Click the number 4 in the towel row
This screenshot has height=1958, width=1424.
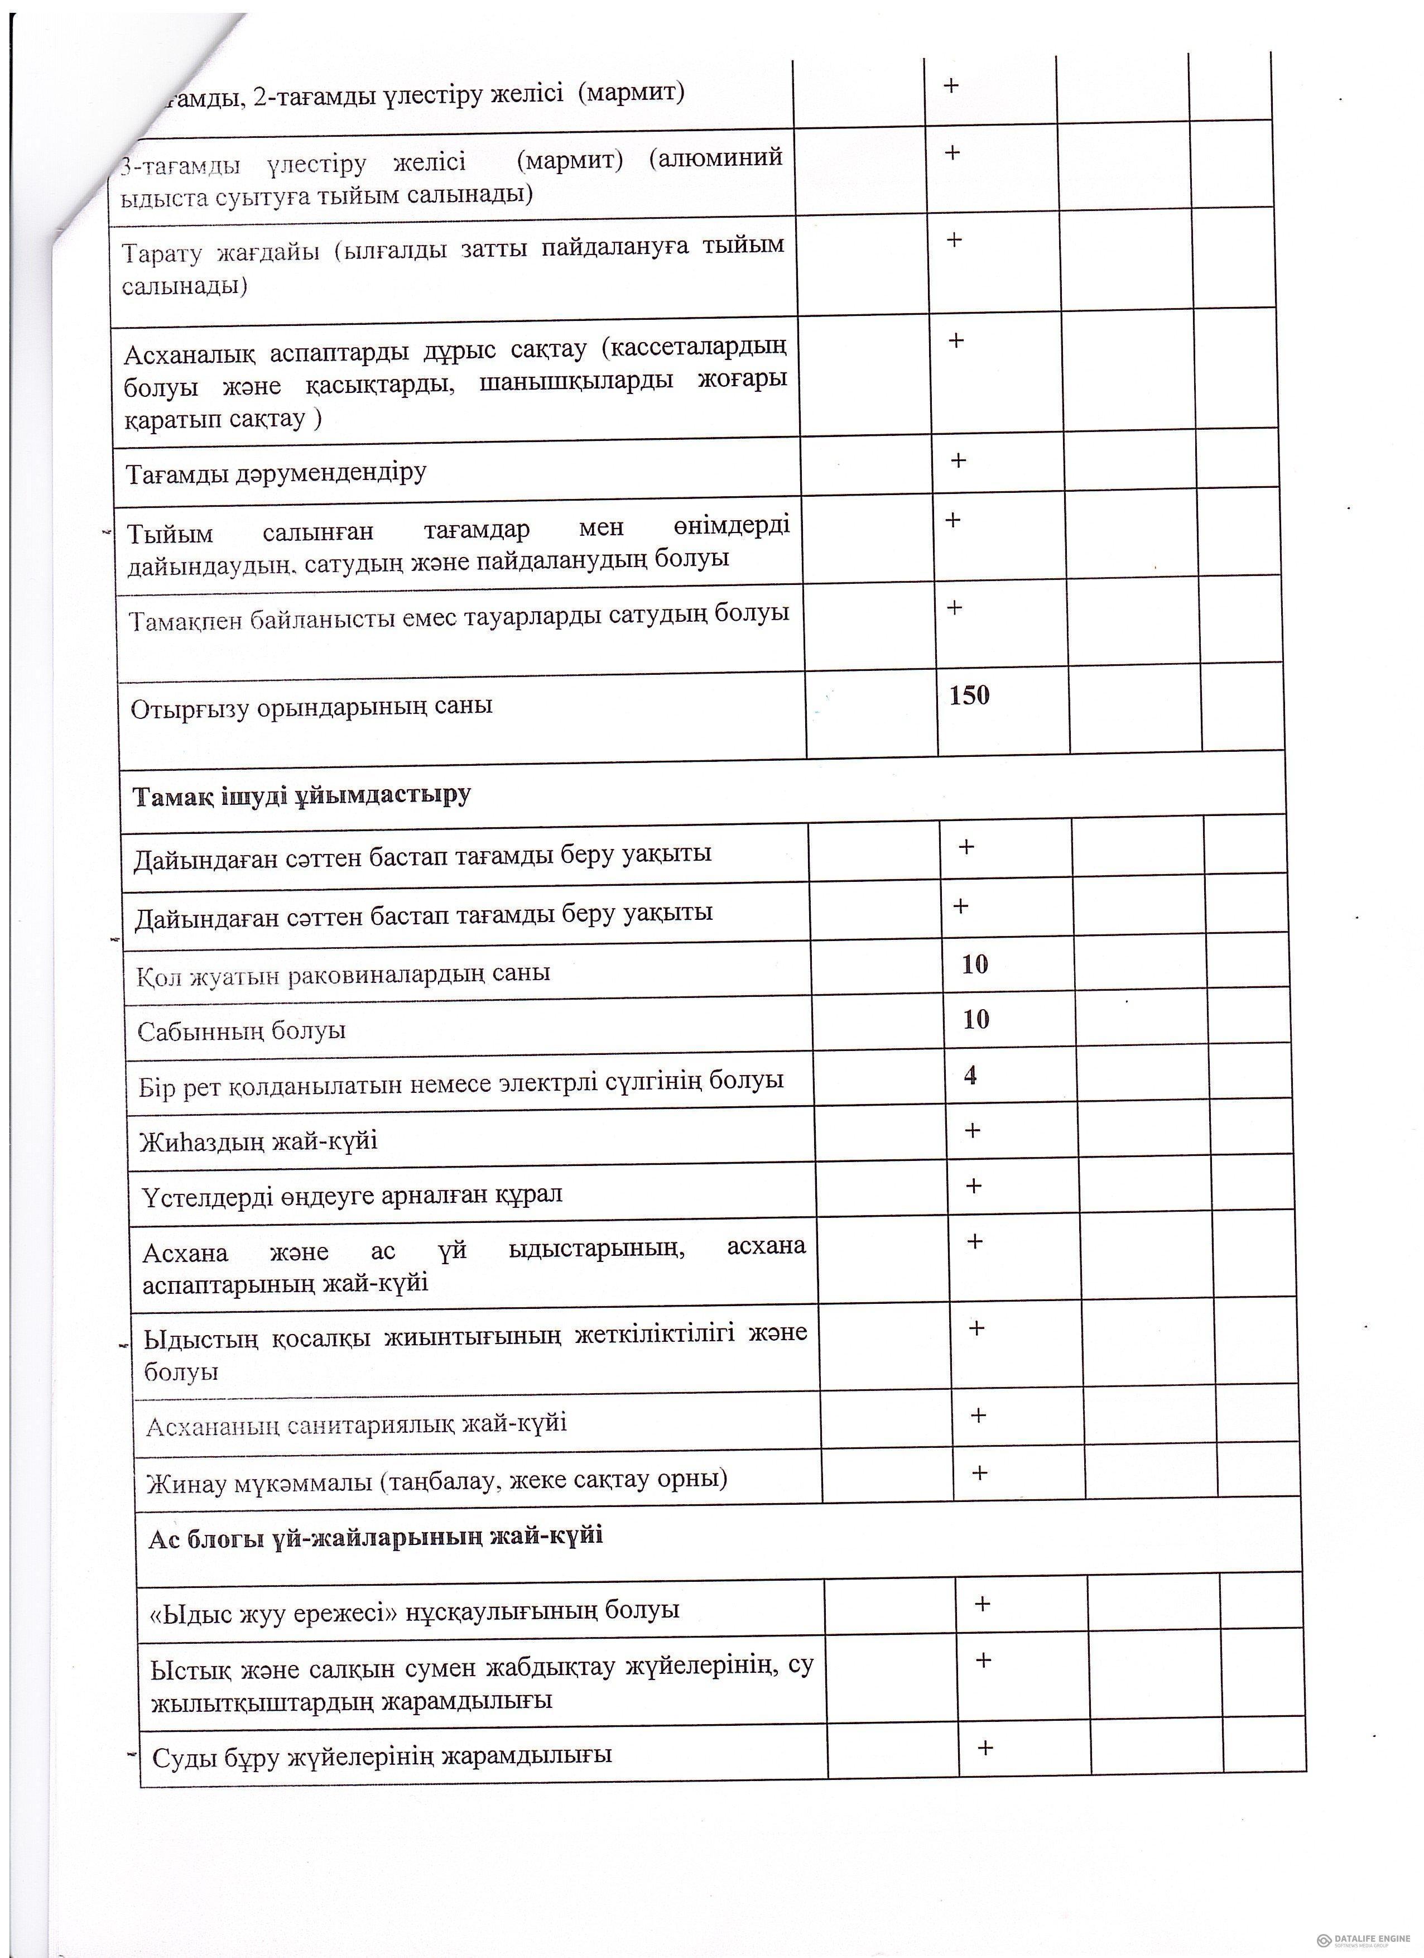971,1075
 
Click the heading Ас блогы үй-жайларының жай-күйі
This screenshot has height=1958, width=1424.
376,1536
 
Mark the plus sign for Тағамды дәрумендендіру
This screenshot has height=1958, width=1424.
958,460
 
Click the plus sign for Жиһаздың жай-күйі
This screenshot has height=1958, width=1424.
973,1130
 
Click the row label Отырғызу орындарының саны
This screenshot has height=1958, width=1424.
311,707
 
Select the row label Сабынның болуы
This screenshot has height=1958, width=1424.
242,1030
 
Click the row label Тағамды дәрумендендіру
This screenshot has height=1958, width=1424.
276,472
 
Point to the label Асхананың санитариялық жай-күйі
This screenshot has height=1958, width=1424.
357,1424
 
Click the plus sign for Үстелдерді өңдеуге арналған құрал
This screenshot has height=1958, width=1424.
974,1186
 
